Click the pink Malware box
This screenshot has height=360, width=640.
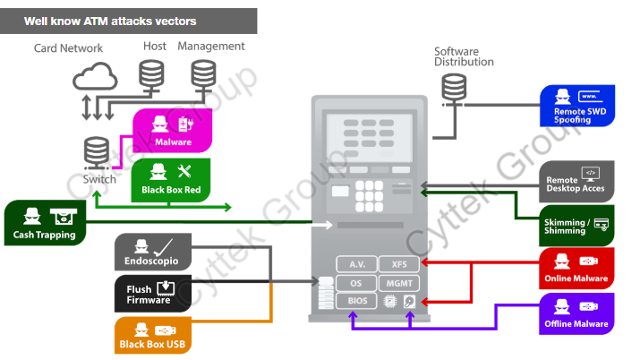point(172,131)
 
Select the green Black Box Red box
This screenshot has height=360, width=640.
point(171,179)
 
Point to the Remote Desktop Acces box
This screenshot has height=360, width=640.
point(577,180)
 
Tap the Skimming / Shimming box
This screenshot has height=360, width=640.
point(577,223)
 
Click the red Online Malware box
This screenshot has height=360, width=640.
point(577,269)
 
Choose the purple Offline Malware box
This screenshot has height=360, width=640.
point(577,314)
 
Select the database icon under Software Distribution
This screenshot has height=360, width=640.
point(455,88)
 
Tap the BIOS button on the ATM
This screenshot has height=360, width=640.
point(357,302)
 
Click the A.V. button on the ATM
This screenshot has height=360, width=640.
point(357,264)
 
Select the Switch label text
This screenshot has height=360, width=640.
point(99,179)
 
